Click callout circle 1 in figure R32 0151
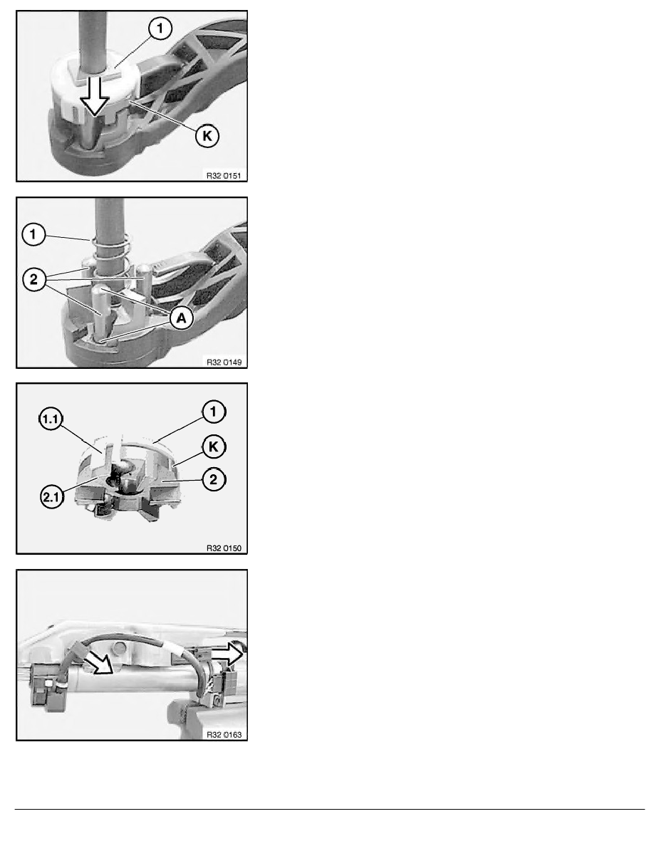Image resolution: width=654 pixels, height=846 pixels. coord(160,28)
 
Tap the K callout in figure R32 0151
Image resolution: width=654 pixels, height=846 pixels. coord(207,136)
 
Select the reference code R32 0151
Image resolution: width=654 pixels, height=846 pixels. coord(224,175)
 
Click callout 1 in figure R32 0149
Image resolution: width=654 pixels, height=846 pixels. coord(33,235)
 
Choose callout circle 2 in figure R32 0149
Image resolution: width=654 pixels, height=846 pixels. coord(34,279)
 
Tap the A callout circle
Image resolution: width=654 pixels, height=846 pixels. coord(181,318)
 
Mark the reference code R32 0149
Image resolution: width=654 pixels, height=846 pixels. coord(224,362)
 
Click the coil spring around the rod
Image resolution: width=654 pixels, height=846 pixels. coord(110,254)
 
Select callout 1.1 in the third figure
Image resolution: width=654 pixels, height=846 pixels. coord(51,419)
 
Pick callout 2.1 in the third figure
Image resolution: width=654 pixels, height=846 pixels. coord(51,497)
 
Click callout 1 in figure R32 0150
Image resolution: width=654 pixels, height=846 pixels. coord(213,412)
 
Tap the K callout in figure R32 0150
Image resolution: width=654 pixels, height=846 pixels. coord(214,446)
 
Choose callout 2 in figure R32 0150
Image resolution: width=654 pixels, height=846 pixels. coord(214,479)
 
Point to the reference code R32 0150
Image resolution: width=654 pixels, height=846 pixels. coord(224,548)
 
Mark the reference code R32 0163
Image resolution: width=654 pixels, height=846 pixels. coord(224,734)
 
